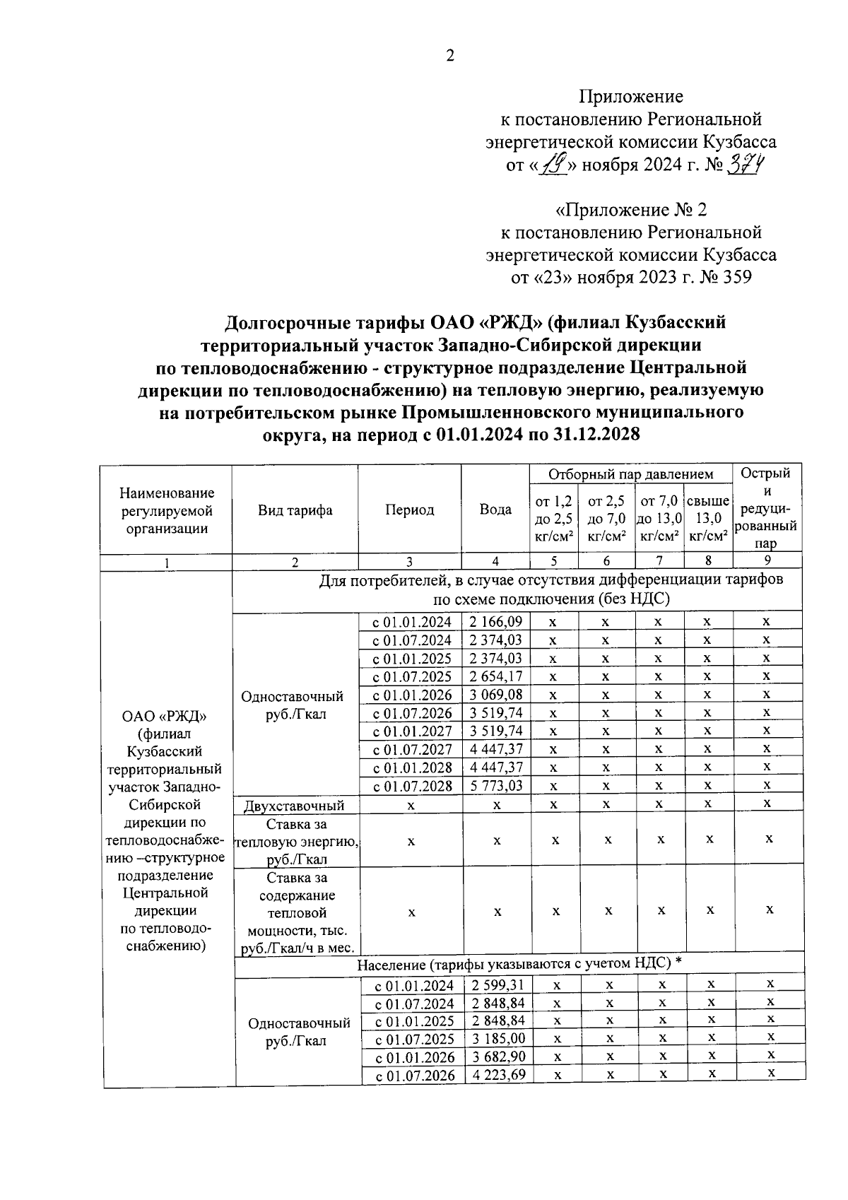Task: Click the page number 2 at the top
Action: pos(450,57)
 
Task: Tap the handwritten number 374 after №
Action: pos(750,166)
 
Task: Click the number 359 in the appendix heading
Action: pos(736,277)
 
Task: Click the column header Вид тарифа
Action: pos(295,510)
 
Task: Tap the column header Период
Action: pos(410,510)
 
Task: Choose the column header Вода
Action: pos(495,510)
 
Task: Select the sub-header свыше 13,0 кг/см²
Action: pos(708,519)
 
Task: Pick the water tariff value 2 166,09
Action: pos(495,622)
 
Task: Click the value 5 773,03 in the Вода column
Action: pos(495,785)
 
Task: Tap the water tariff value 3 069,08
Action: pos(495,695)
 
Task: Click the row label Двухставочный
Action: pos(294,805)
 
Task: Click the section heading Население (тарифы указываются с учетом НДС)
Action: pos(519,964)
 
